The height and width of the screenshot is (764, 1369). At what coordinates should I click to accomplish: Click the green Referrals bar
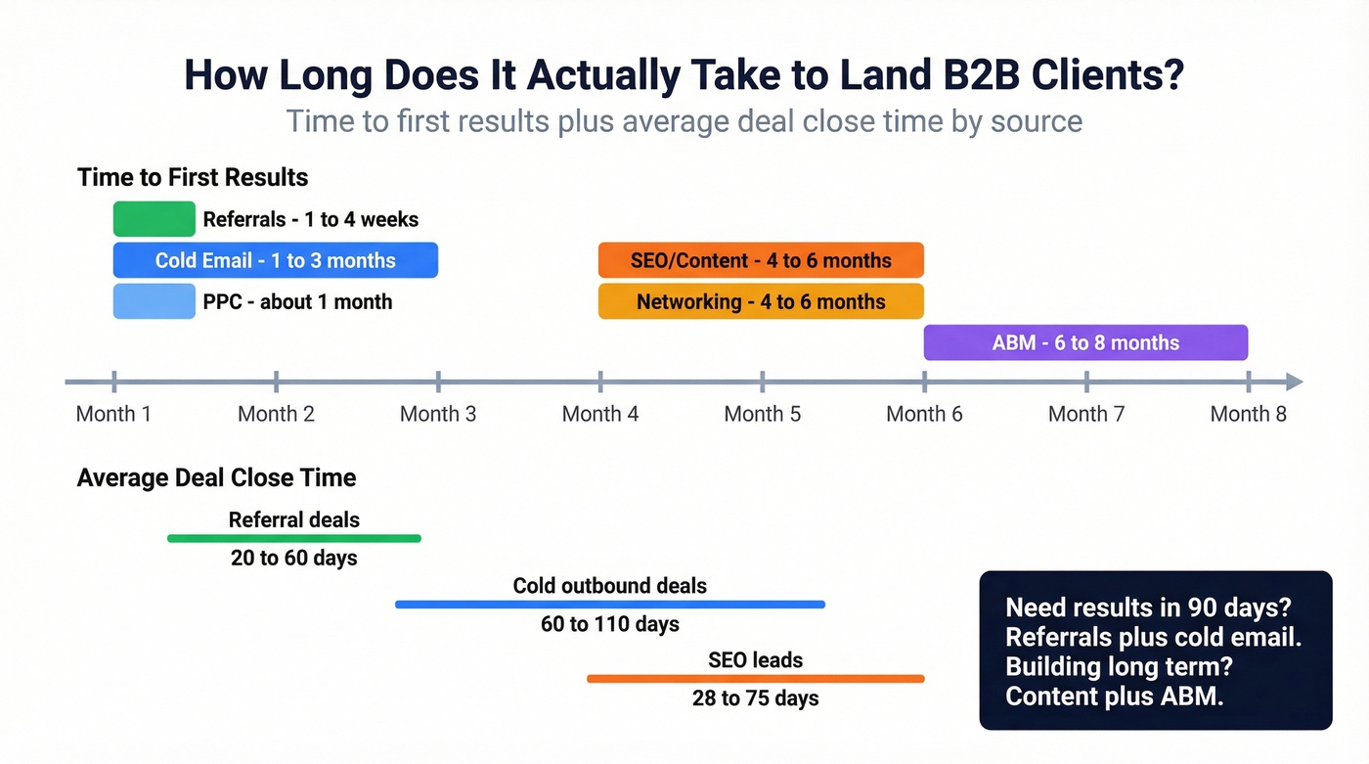click(x=154, y=219)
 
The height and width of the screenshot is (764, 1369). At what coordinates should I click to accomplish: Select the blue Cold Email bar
click(x=275, y=260)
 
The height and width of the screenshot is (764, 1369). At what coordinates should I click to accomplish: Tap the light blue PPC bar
click(x=154, y=301)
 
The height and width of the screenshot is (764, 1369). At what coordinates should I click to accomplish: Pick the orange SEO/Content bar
click(x=761, y=260)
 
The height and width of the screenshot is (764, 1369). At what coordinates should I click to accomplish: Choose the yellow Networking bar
click(x=761, y=301)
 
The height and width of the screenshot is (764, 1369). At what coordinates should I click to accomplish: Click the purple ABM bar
click(x=1085, y=342)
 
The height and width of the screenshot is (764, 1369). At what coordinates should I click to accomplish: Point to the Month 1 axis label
click(x=113, y=414)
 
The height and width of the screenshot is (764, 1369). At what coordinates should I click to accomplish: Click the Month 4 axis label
click(x=600, y=414)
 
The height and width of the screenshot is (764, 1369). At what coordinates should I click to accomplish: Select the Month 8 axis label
click(x=1248, y=414)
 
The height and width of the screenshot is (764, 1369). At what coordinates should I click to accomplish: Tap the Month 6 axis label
click(x=924, y=414)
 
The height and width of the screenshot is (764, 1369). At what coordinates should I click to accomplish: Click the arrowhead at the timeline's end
click(x=1294, y=382)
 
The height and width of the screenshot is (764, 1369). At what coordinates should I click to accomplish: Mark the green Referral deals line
click(x=293, y=538)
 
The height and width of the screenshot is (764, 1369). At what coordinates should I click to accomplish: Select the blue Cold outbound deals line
click(x=610, y=605)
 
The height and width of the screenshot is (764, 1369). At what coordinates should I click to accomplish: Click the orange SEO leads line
click(x=755, y=678)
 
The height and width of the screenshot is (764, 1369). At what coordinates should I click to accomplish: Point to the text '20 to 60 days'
click(x=293, y=559)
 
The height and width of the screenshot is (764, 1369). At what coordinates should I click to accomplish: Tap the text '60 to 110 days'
click(x=610, y=624)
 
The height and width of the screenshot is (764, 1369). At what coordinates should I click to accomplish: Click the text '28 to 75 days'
click(x=755, y=698)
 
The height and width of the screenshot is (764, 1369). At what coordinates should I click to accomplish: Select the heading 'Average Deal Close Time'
click(x=216, y=477)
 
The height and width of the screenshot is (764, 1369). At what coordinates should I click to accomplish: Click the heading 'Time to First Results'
click(x=193, y=177)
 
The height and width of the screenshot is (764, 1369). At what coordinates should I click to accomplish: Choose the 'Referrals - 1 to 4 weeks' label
click(x=311, y=219)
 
